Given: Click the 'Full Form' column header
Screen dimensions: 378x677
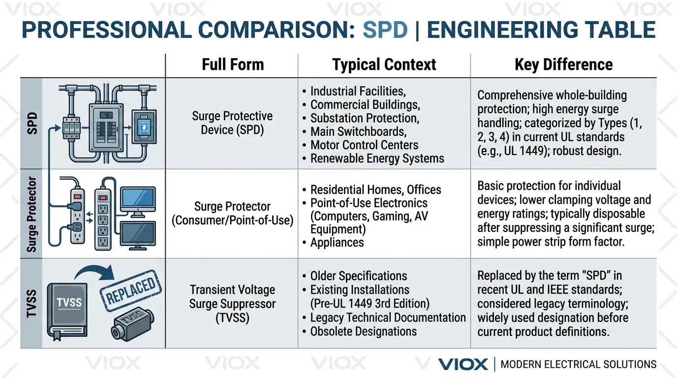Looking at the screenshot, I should pyautogui.click(x=233, y=64).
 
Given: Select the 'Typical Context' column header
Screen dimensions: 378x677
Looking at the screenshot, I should pyautogui.click(x=384, y=64).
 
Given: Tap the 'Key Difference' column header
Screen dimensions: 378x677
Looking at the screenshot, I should pyautogui.click(x=563, y=64).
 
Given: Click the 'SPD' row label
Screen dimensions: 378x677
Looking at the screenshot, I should pyautogui.click(x=32, y=124).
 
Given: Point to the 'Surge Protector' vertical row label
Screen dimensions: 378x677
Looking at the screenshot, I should pyautogui.click(x=32, y=215).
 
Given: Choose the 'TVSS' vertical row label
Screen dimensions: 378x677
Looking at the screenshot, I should pyautogui.click(x=32, y=303).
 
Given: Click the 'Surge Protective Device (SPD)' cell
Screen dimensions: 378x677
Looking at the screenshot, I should pyautogui.click(x=232, y=123).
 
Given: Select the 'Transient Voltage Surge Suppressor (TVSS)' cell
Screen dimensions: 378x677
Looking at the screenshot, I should pyautogui.click(x=232, y=304).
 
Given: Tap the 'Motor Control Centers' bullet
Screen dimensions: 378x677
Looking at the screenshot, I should pyautogui.click(x=364, y=145).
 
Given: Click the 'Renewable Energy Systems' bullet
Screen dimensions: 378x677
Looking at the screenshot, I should pyautogui.click(x=377, y=158).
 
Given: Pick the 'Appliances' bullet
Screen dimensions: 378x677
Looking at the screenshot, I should pyautogui.click(x=337, y=243).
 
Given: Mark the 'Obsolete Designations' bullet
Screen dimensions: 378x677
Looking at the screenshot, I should pyautogui.click(x=363, y=331).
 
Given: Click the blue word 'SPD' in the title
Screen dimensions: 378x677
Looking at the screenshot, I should pyautogui.click(x=385, y=30).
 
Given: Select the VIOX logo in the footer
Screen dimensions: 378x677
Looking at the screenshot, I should pyautogui.click(x=463, y=364).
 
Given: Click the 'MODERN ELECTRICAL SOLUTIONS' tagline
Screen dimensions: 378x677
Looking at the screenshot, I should pyautogui.click(x=578, y=364).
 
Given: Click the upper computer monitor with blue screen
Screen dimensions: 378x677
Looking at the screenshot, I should pyautogui.click(x=138, y=200).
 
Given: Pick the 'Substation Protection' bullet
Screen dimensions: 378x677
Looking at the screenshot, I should pyautogui.click(x=364, y=118).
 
